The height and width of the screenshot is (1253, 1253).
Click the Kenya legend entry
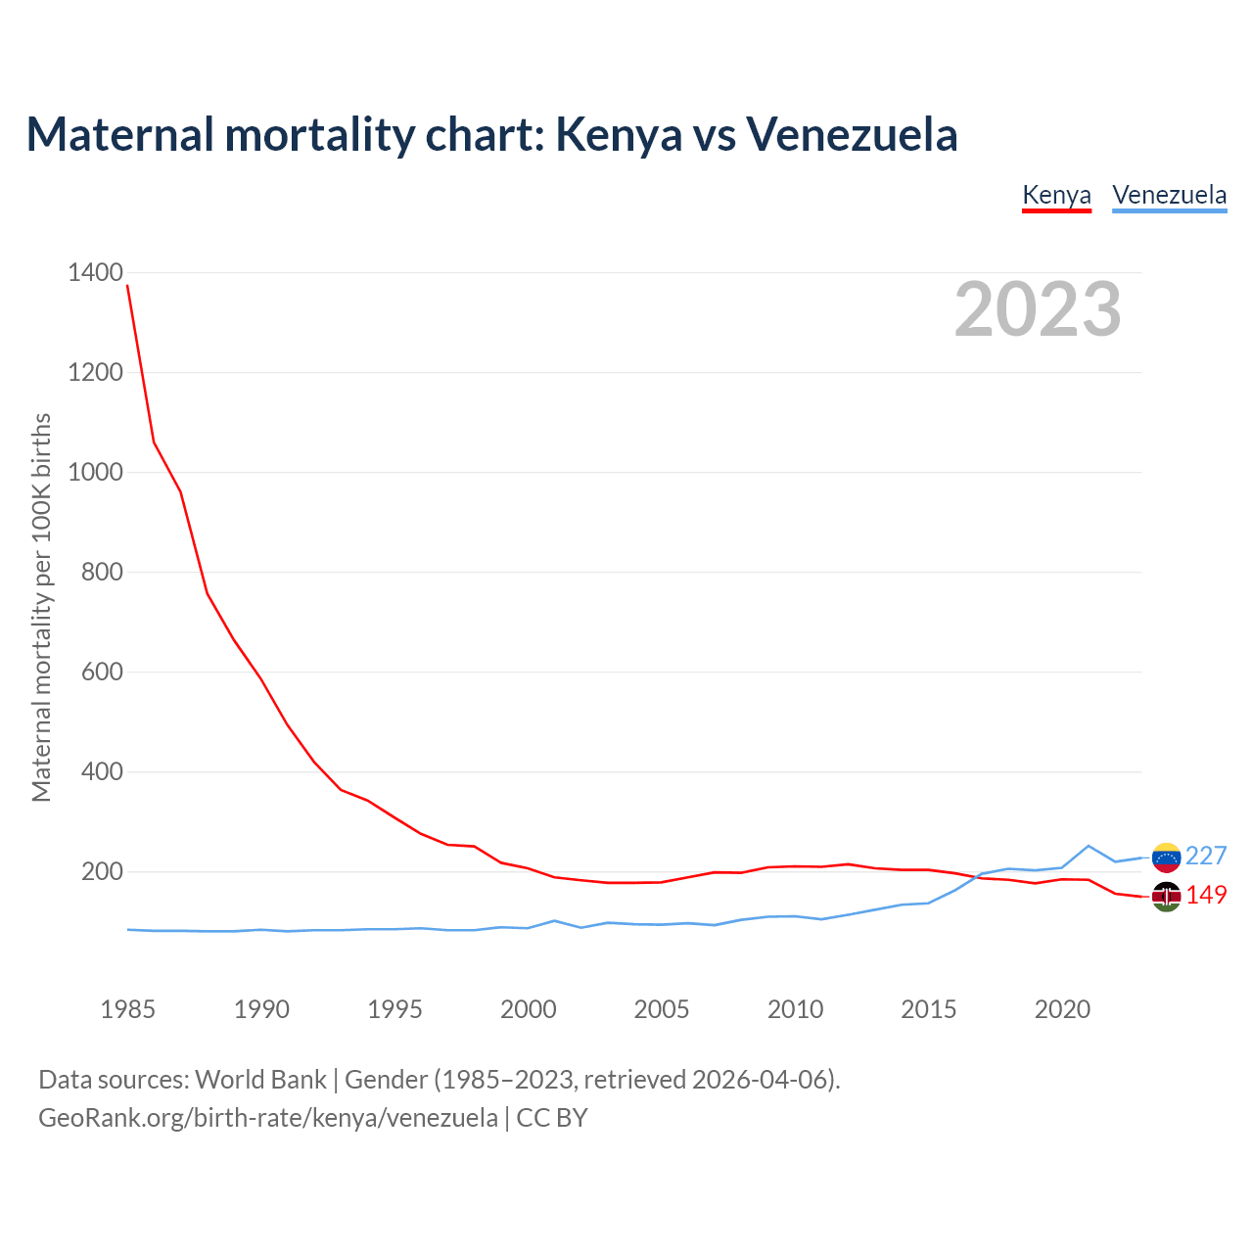[x=1056, y=195]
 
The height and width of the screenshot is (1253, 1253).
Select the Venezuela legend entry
[x=1169, y=195]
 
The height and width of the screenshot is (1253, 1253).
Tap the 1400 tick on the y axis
[x=96, y=272]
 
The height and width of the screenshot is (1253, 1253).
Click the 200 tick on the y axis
[x=102, y=871]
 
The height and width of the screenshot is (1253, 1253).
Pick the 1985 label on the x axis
[x=127, y=1009]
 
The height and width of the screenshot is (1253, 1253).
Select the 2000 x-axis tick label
[x=528, y=1009]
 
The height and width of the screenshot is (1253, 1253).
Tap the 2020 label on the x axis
[x=1062, y=1009]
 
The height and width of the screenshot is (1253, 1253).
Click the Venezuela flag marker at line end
[x=1166, y=857]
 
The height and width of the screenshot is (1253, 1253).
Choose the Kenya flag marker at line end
[x=1166, y=896]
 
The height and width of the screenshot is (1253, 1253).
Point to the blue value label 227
[x=1206, y=857]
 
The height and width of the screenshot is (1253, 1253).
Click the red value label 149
[x=1206, y=896]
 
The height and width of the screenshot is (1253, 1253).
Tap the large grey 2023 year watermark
[x=1038, y=309]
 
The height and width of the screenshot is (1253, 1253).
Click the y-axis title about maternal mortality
[x=41, y=607]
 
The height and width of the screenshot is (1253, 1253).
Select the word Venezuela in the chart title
[x=852, y=134]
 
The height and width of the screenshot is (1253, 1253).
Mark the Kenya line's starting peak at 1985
[x=127, y=285]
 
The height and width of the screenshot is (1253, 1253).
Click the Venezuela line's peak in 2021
[x=1089, y=846]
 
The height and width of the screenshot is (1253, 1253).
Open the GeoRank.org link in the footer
[x=267, y=1118]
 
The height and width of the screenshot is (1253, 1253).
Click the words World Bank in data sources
[x=260, y=1080]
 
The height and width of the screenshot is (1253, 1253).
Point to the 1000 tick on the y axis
[x=96, y=472]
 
